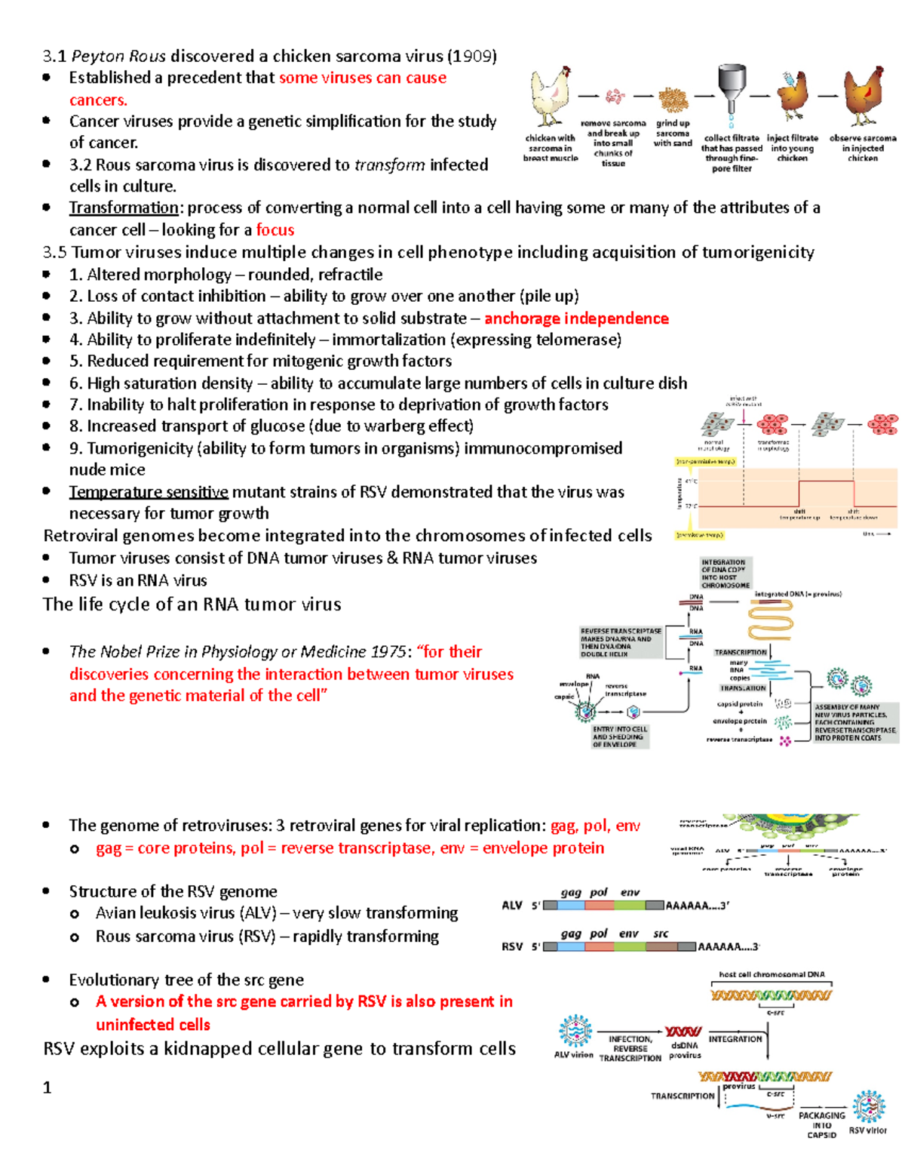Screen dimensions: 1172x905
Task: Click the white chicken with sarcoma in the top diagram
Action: pyautogui.click(x=551, y=96)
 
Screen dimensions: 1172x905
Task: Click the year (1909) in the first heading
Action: pyautogui.click(x=472, y=56)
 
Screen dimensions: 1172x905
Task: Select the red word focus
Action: pyautogui.click(x=275, y=230)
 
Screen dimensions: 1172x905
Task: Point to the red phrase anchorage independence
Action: pyautogui.click(x=576, y=318)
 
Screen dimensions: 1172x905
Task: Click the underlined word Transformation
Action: pyautogui.click(x=124, y=208)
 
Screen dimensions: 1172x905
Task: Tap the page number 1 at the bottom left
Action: pyautogui.click(x=48, y=1087)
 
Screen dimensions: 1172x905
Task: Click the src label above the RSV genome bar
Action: pyautogui.click(x=661, y=934)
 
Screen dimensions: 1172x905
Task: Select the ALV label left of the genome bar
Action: pyautogui.click(x=512, y=906)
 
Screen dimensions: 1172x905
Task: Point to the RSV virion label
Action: pyautogui.click(x=867, y=1130)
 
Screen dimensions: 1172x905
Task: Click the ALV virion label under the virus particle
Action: pyautogui.click(x=574, y=1055)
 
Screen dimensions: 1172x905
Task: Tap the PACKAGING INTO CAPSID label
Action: pyautogui.click(x=821, y=1124)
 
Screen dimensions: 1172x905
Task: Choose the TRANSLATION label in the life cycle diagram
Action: pyautogui.click(x=743, y=688)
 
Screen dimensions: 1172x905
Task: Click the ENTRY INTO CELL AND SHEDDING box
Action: pyautogui.click(x=620, y=737)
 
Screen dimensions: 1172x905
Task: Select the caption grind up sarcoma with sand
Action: pyautogui.click(x=673, y=133)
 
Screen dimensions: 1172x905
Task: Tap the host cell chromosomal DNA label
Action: pyautogui.click(x=772, y=974)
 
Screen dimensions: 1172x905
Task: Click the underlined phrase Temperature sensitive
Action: pyautogui.click(x=149, y=492)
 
